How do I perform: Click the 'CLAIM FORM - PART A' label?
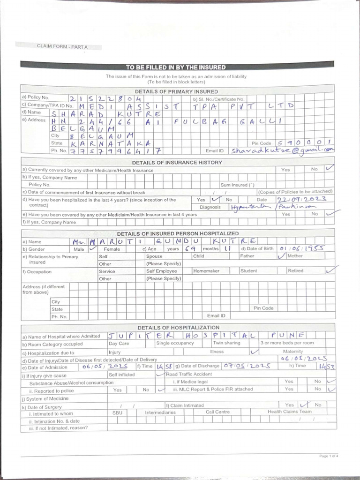click(x=62, y=46)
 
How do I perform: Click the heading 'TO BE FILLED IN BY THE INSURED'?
click(x=175, y=67)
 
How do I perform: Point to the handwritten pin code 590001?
click(x=305, y=142)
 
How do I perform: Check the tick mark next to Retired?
click(x=331, y=270)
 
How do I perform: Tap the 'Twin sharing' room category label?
click(x=227, y=343)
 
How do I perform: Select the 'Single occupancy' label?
click(x=176, y=343)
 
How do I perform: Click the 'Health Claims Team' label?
click(x=289, y=412)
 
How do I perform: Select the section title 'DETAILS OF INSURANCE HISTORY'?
click(x=177, y=162)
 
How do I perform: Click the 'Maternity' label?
click(x=293, y=351)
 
